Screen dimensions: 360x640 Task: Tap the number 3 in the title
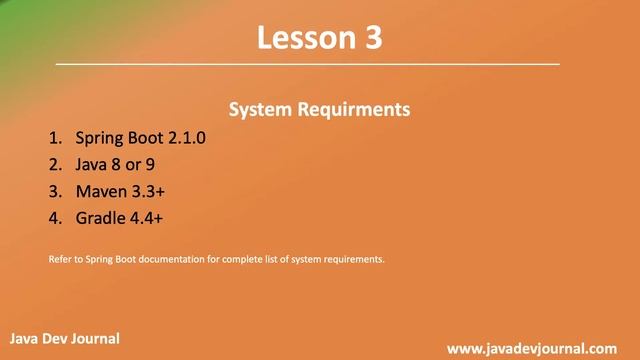(x=371, y=38)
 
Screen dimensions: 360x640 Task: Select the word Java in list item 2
(x=92, y=164)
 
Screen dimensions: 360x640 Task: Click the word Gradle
(x=102, y=217)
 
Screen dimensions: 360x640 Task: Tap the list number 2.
(x=53, y=164)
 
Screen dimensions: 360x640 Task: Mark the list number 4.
(x=53, y=217)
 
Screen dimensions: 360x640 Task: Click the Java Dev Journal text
(x=65, y=339)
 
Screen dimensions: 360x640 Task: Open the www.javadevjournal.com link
(x=531, y=348)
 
